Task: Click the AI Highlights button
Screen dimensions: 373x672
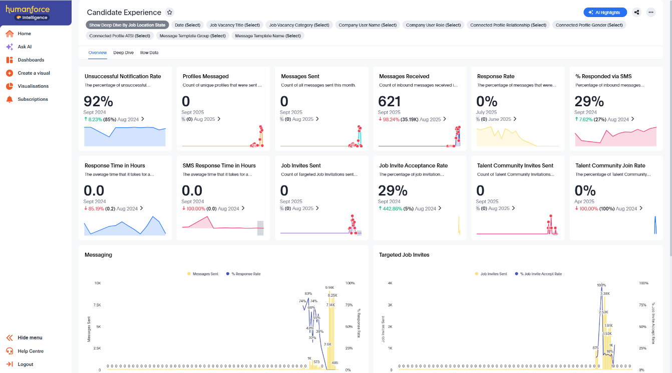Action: tap(605, 13)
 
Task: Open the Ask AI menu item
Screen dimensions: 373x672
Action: tap(25, 47)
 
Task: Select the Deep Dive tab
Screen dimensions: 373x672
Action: tap(123, 53)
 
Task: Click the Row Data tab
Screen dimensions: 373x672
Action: tap(149, 53)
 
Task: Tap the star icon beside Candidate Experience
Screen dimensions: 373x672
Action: tap(170, 13)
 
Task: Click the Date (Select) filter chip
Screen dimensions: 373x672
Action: tap(187, 25)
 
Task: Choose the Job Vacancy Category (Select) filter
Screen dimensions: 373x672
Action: tap(299, 25)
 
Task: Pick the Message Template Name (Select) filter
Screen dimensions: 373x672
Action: tap(268, 36)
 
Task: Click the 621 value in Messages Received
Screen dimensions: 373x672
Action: tap(393, 101)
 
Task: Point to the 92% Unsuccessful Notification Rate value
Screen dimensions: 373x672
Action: tap(98, 101)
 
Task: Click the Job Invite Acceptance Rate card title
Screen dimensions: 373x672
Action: tap(413, 165)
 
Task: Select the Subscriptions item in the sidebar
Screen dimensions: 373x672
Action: tap(33, 99)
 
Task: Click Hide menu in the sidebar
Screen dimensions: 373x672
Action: tap(30, 338)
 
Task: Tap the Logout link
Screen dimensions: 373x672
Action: tap(25, 364)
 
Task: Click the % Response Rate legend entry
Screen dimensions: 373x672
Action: tap(246, 274)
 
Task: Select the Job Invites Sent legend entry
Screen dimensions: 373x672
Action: tap(493, 274)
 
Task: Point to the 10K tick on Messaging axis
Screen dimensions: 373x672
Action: tap(97, 283)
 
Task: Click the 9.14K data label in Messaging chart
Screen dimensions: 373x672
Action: tap(329, 288)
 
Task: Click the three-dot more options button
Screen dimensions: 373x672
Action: tap(650, 13)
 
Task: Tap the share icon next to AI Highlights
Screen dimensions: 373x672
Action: tap(636, 13)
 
